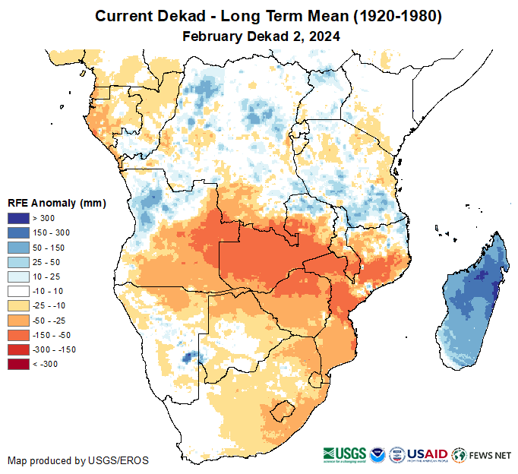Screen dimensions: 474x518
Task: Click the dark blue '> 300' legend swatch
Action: (x=19, y=219)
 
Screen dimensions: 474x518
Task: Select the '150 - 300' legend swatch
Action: (x=19, y=233)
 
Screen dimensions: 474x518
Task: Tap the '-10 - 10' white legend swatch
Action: (x=19, y=291)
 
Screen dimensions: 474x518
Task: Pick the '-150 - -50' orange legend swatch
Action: (x=19, y=335)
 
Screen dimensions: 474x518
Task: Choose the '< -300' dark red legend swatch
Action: (x=19, y=364)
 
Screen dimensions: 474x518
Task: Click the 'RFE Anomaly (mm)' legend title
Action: (x=57, y=203)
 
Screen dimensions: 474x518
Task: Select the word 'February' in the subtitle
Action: (x=212, y=36)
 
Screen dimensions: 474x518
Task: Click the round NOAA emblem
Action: (x=376, y=455)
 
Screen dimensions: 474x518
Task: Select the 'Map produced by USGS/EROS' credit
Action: (x=78, y=460)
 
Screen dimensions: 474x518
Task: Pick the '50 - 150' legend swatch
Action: (x=19, y=248)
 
